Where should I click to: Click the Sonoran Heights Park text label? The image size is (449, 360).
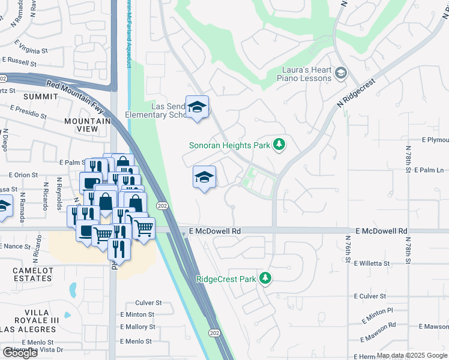pyautogui.click(x=229, y=145)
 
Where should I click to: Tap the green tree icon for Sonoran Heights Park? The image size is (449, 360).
pyautogui.click(x=279, y=145)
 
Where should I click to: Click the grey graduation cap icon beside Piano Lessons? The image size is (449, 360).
pyautogui.click(x=341, y=73)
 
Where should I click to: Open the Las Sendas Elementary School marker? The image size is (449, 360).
pyautogui.click(x=197, y=108)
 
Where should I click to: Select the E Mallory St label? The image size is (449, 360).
pyautogui.click(x=137, y=327)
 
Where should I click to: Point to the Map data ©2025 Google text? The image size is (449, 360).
pyautogui.click(x=412, y=355)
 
